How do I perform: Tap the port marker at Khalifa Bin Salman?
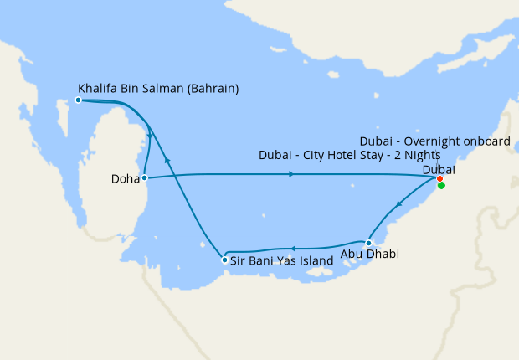pos(78,100)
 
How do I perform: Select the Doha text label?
pos(125,178)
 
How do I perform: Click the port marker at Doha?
pos(145,177)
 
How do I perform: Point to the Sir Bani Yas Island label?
pos(281,260)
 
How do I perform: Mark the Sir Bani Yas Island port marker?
pos(224,260)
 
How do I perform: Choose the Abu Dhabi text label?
pos(369,255)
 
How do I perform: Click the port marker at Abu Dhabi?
pos(368,243)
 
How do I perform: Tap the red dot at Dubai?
pos(440,178)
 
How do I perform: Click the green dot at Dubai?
pos(441,186)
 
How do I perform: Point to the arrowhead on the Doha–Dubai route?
pos(290,174)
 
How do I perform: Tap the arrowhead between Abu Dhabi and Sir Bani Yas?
pos(293,248)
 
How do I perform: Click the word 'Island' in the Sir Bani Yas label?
pos(318,260)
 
